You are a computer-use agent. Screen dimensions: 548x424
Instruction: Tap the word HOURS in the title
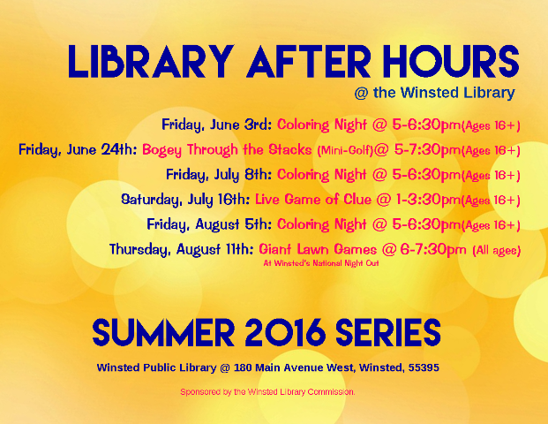tap(451, 62)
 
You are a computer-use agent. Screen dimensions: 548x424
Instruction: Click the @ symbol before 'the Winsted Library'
tap(361, 94)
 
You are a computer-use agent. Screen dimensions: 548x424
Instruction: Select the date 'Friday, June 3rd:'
tap(217, 125)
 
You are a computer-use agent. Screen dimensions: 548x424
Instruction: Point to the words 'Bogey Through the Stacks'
tap(227, 150)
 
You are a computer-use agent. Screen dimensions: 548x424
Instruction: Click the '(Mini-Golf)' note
tap(345, 150)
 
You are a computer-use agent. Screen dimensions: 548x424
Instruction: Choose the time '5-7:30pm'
tap(427, 150)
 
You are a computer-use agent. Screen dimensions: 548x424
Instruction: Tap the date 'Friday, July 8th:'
tap(219, 175)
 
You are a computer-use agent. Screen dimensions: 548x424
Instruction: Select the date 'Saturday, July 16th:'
tap(185, 200)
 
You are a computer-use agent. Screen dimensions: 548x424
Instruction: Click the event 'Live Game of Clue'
tap(313, 200)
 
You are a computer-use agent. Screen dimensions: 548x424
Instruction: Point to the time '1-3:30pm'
tap(428, 200)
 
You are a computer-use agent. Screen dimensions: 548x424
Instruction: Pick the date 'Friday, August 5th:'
tap(209, 224)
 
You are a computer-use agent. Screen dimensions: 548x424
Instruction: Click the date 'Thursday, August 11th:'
tap(182, 249)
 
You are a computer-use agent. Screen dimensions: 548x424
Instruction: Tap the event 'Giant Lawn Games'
tap(318, 249)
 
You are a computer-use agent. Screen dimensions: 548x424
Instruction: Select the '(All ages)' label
tap(496, 251)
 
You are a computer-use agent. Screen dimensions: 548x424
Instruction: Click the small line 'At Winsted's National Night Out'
tap(321, 263)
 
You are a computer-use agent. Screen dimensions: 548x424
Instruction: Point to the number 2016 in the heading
tap(285, 332)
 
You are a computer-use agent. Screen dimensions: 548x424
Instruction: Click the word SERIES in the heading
tap(388, 332)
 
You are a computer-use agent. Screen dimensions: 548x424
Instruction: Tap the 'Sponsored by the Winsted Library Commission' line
tap(267, 392)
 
